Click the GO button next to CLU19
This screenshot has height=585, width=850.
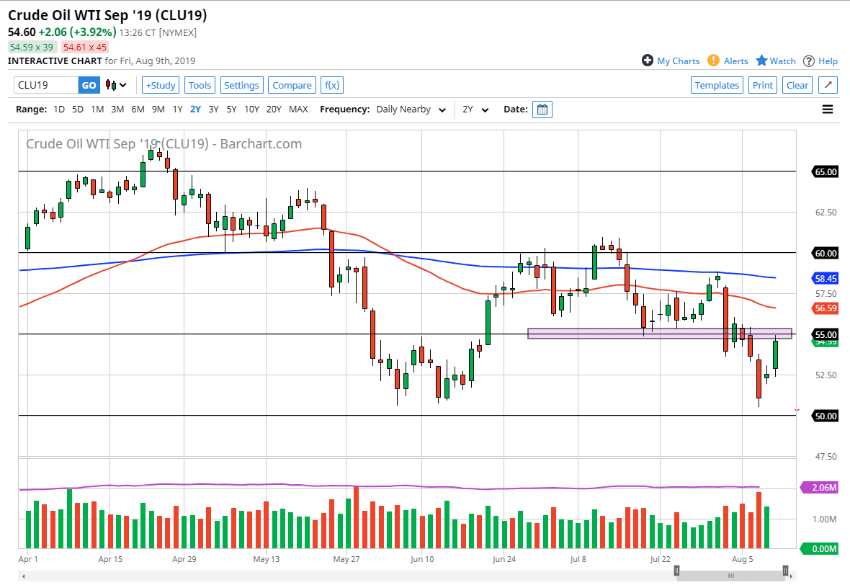tap(89, 85)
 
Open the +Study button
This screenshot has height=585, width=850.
tap(160, 85)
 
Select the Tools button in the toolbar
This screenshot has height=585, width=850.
tap(200, 85)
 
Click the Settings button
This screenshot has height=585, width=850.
tap(241, 85)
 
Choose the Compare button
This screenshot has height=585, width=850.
tap(292, 85)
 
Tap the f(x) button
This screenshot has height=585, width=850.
tap(331, 85)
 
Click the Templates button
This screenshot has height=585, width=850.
tap(717, 85)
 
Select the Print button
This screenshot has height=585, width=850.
tap(762, 85)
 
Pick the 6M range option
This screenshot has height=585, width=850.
tap(138, 110)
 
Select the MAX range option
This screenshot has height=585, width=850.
tap(298, 110)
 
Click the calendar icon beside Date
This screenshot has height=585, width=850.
tap(542, 110)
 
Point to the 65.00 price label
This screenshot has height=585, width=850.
tap(825, 172)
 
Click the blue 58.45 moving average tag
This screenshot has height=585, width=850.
tap(825, 277)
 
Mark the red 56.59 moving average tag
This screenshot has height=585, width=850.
tap(825, 308)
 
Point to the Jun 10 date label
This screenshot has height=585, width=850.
tap(422, 558)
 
